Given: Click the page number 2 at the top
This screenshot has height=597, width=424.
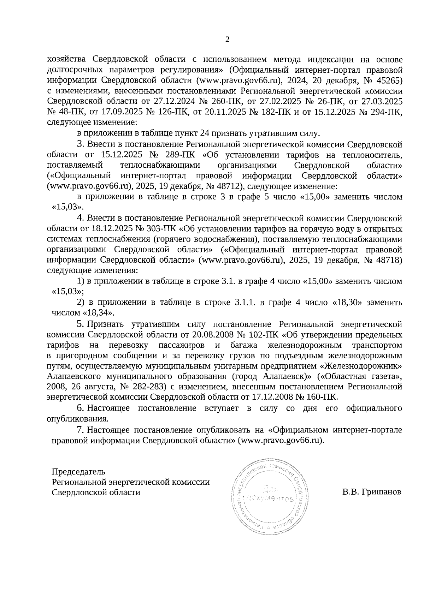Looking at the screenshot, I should (x=227, y=40).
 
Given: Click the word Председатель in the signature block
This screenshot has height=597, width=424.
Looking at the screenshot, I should (x=78, y=471).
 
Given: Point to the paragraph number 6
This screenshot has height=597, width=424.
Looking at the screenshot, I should (x=80, y=408).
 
